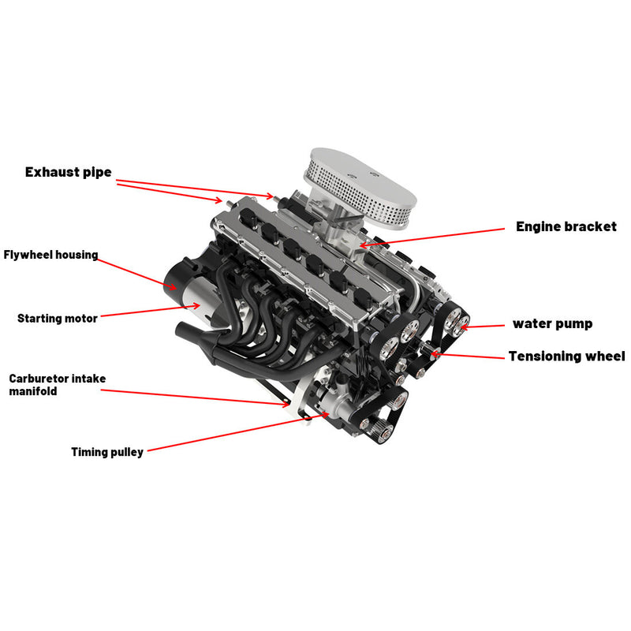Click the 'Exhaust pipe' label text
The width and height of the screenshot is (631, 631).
[x=68, y=172]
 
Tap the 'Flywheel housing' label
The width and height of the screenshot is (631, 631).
[x=50, y=255]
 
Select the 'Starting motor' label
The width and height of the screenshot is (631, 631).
[x=58, y=319]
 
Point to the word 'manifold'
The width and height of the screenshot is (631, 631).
[x=33, y=391]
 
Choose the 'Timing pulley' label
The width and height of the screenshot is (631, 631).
[x=107, y=452]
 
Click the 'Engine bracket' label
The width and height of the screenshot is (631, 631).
[x=566, y=227]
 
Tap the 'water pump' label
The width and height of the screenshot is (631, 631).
[x=552, y=324]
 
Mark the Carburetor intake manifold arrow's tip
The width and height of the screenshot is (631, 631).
[x=290, y=405]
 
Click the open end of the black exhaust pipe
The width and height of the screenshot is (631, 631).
[x=181, y=328]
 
